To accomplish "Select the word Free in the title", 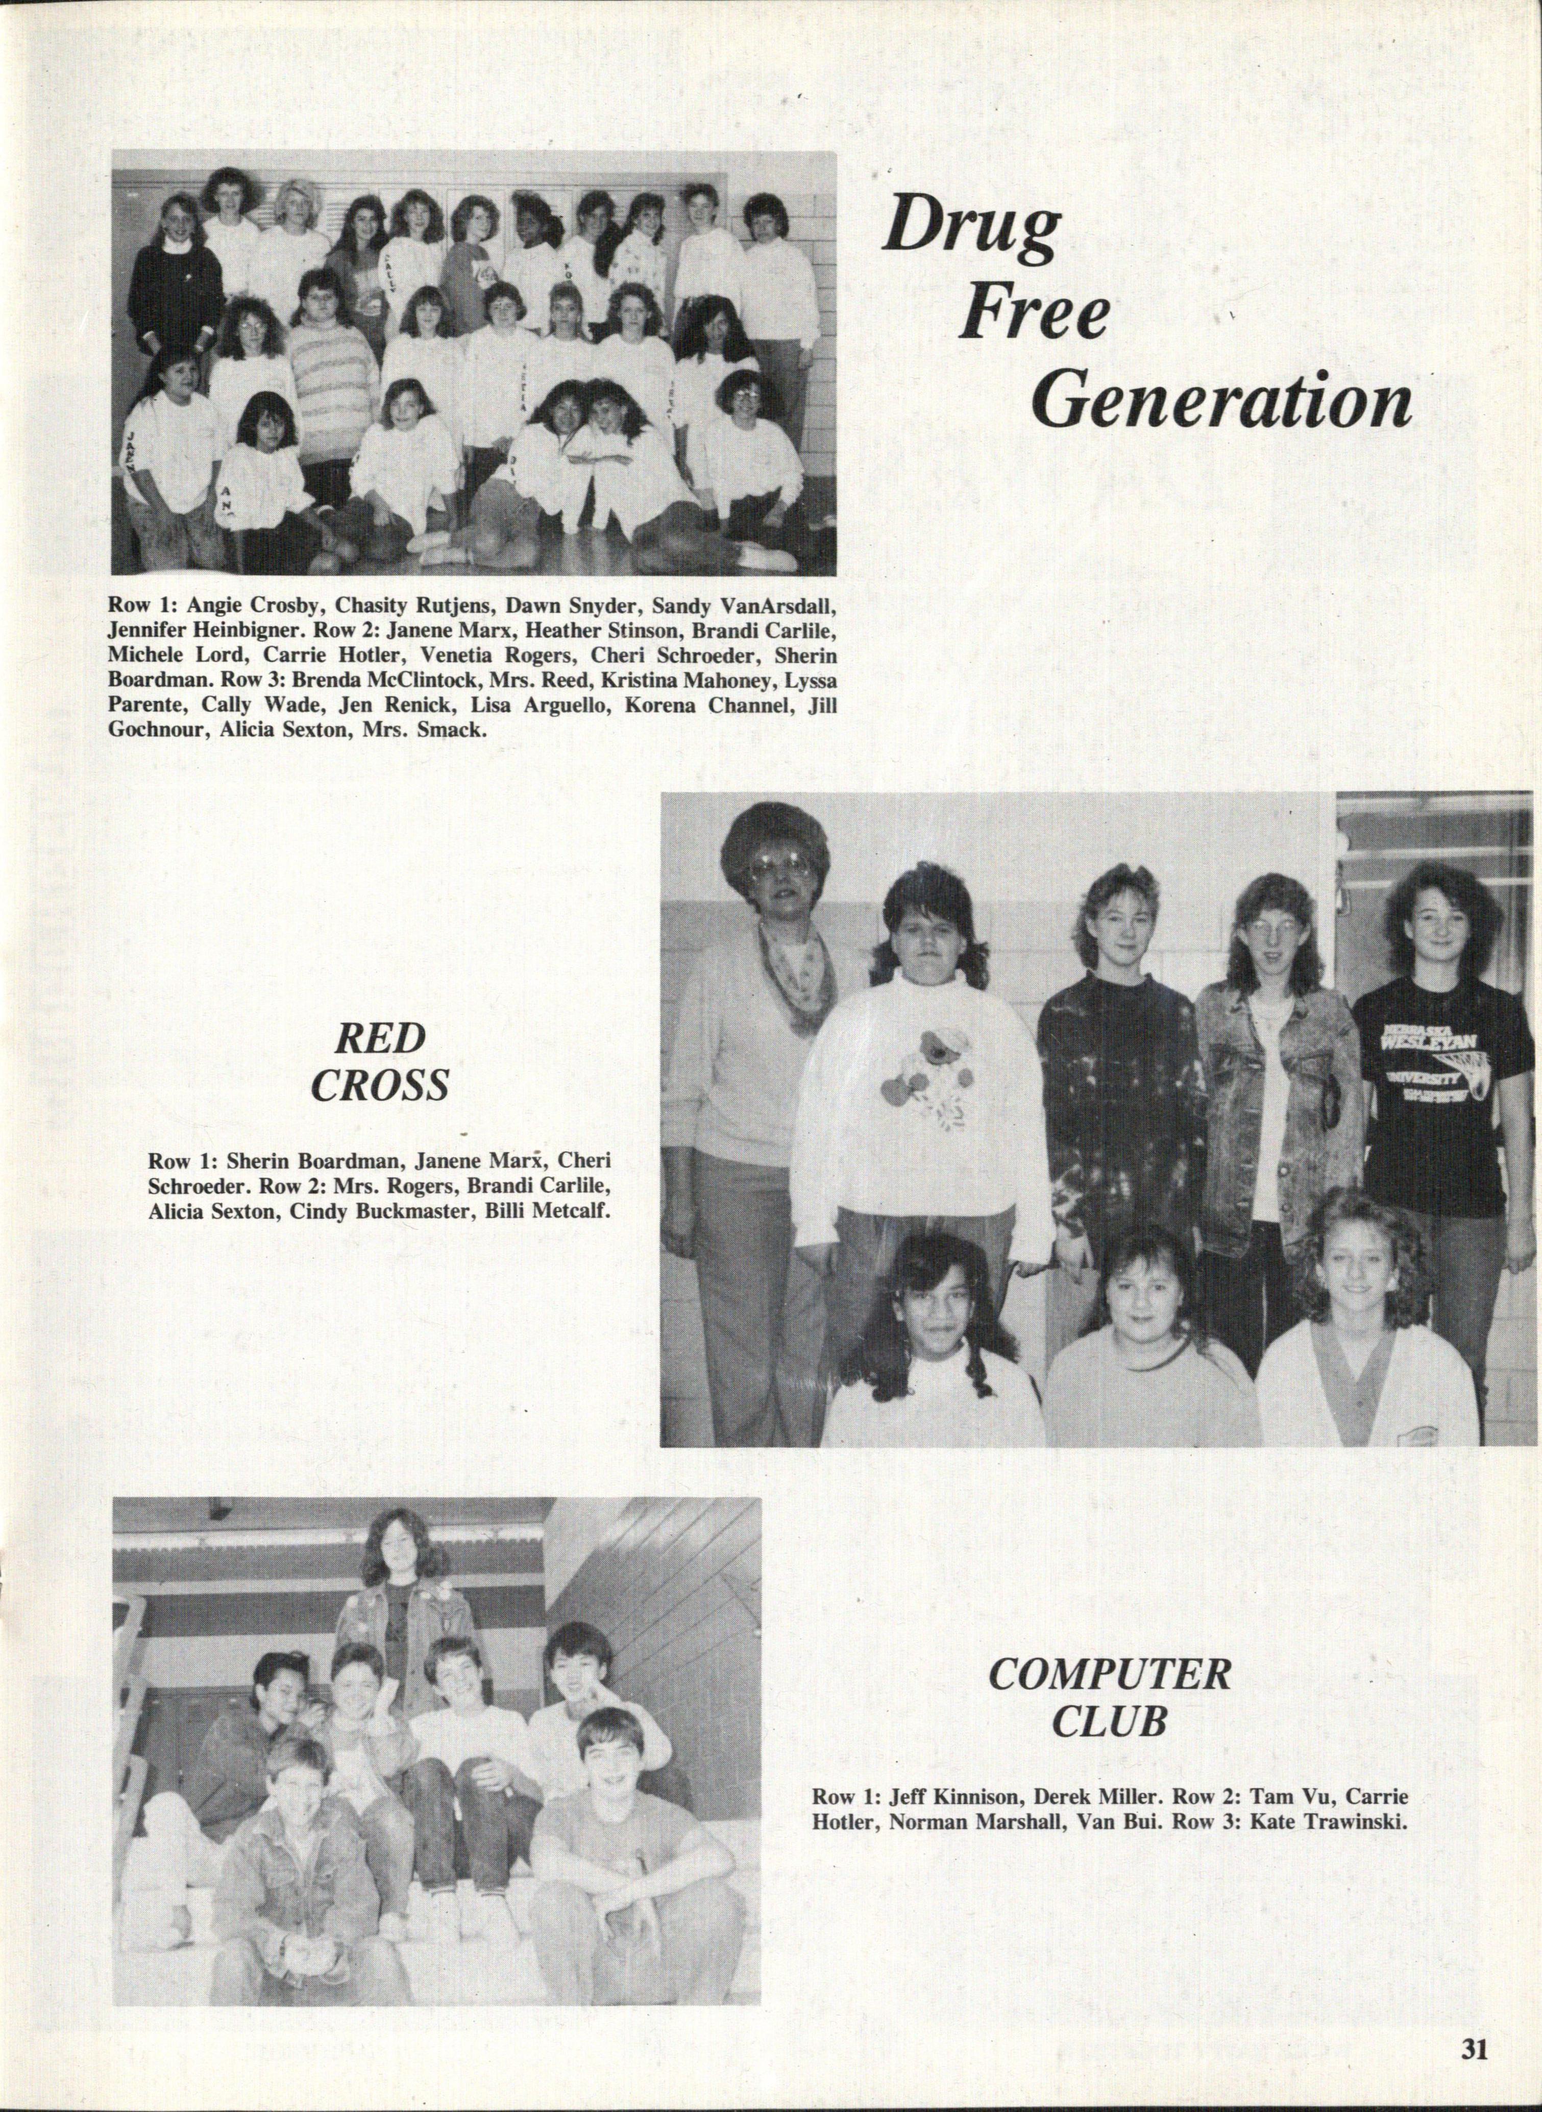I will pos(1033,318).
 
